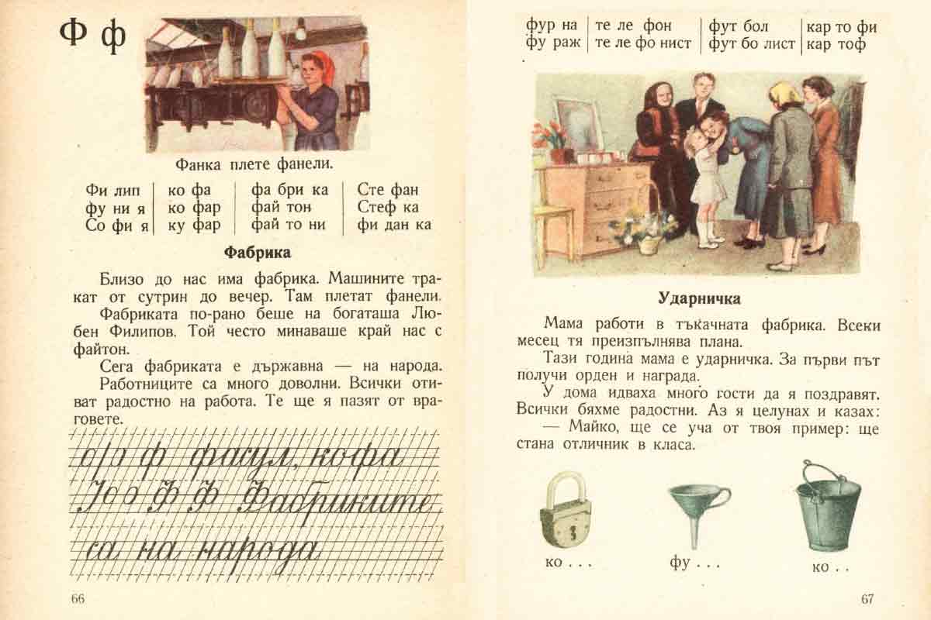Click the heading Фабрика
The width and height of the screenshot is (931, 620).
click(x=257, y=252)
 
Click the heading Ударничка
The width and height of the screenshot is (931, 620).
click(x=699, y=298)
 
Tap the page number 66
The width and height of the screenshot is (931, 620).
click(x=77, y=598)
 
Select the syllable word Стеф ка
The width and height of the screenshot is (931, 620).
click(x=388, y=208)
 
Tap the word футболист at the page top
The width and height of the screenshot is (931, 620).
click(x=752, y=44)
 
